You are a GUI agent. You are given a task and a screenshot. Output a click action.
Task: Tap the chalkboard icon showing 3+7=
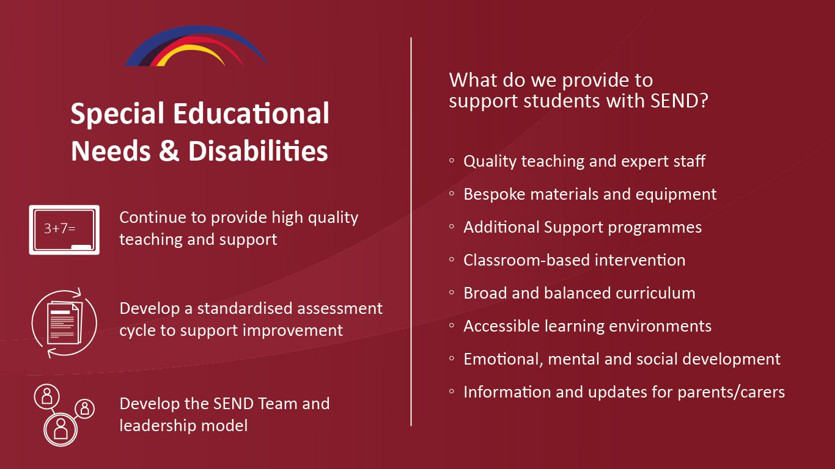pos(64,230)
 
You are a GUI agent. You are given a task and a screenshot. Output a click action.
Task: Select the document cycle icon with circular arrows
pos(64,322)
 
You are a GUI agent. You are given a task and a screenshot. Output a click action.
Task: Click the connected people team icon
pos(64,415)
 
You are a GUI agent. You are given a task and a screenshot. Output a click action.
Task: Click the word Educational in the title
pos(251,113)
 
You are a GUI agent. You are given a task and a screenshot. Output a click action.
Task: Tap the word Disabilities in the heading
pos(258,151)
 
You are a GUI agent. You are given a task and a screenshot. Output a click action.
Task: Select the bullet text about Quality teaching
pos(584,161)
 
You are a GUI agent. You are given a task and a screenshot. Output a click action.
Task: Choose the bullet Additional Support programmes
pos(583,227)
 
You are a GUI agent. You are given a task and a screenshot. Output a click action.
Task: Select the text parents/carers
pos(731,392)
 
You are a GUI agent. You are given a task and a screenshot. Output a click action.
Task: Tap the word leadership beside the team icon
pos(157,426)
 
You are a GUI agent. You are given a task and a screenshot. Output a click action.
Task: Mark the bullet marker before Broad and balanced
pos(452,293)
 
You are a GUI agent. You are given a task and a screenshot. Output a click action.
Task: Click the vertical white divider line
pos(411,231)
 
